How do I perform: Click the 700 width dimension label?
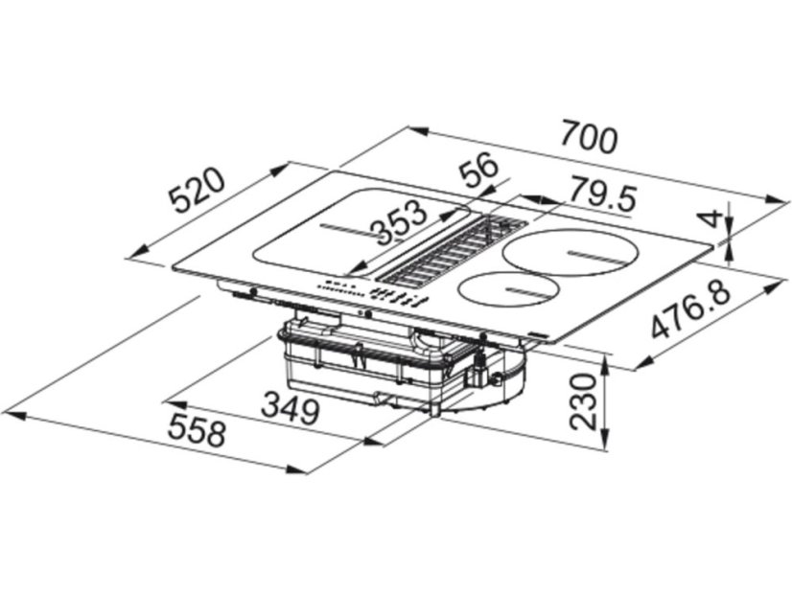tap(590, 136)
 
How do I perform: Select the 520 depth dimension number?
tap(197, 191)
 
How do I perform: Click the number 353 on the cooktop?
tap(401, 220)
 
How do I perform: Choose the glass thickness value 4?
tap(711, 218)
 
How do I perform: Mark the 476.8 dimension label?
tap(691, 309)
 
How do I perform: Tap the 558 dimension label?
tap(197, 429)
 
